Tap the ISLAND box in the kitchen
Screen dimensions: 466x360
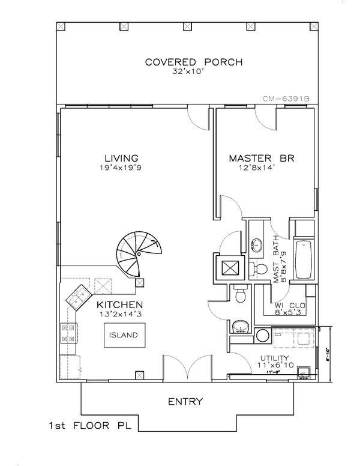pyautogui.click(x=123, y=335)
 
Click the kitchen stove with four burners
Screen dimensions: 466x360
pyautogui.click(x=67, y=333)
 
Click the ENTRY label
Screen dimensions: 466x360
pyautogui.click(x=185, y=402)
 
